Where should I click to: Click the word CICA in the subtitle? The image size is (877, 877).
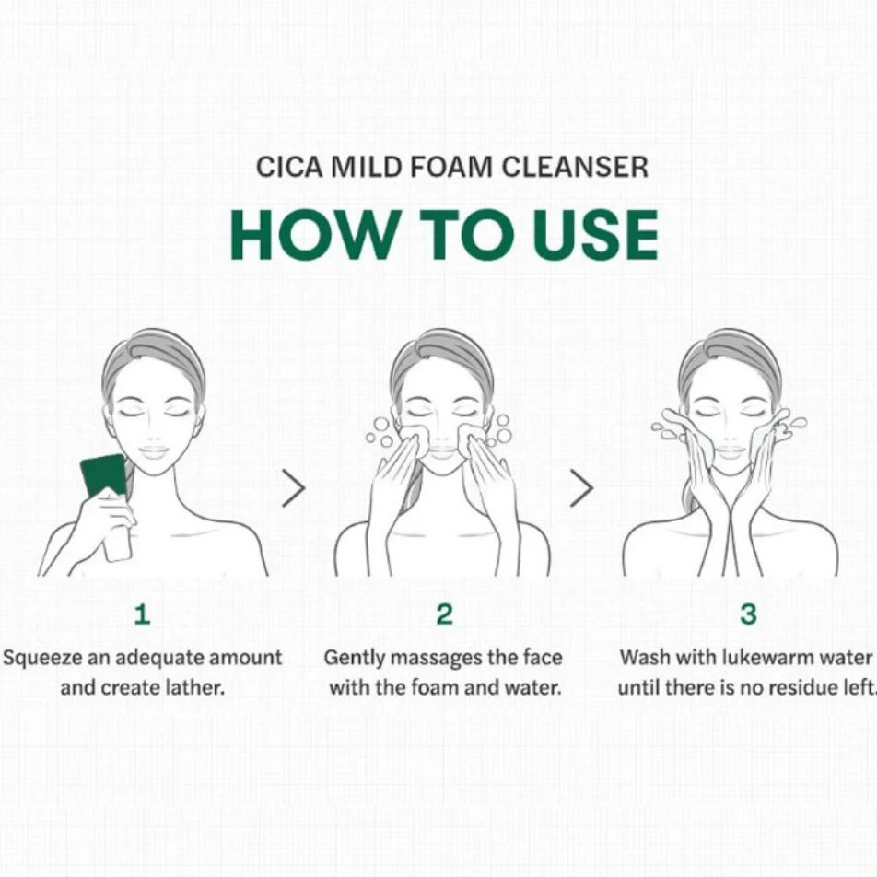click(289, 167)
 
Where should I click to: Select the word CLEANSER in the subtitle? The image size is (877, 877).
click(575, 167)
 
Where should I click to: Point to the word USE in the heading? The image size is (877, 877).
click(595, 235)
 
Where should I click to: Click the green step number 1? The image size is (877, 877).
click(142, 614)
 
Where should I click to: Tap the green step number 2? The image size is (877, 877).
click(445, 614)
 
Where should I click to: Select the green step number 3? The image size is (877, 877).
click(748, 614)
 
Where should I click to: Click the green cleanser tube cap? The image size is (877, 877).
click(104, 474)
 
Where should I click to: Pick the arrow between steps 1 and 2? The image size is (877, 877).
click(294, 487)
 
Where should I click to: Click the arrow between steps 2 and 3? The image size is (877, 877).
click(581, 487)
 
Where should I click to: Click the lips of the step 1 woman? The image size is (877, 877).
click(153, 451)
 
